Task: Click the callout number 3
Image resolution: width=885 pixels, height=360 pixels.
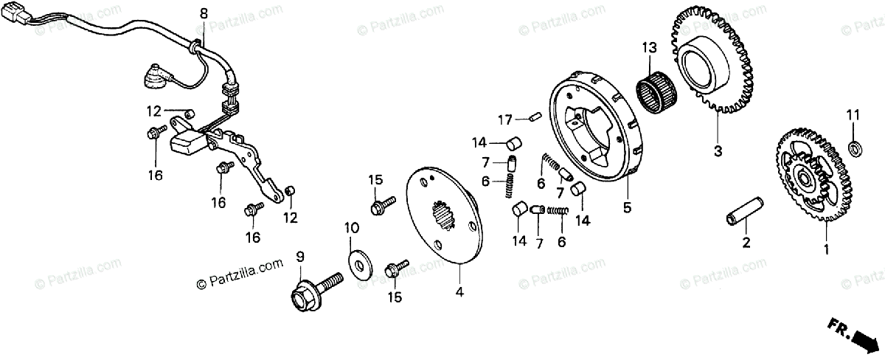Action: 716,153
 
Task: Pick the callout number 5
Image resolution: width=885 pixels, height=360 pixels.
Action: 627,208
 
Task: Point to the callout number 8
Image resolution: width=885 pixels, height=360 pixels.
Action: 204,13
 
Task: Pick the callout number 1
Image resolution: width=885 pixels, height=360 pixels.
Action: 826,250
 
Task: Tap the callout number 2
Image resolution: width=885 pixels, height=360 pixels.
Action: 746,243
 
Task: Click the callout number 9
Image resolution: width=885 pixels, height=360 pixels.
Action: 300,257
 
